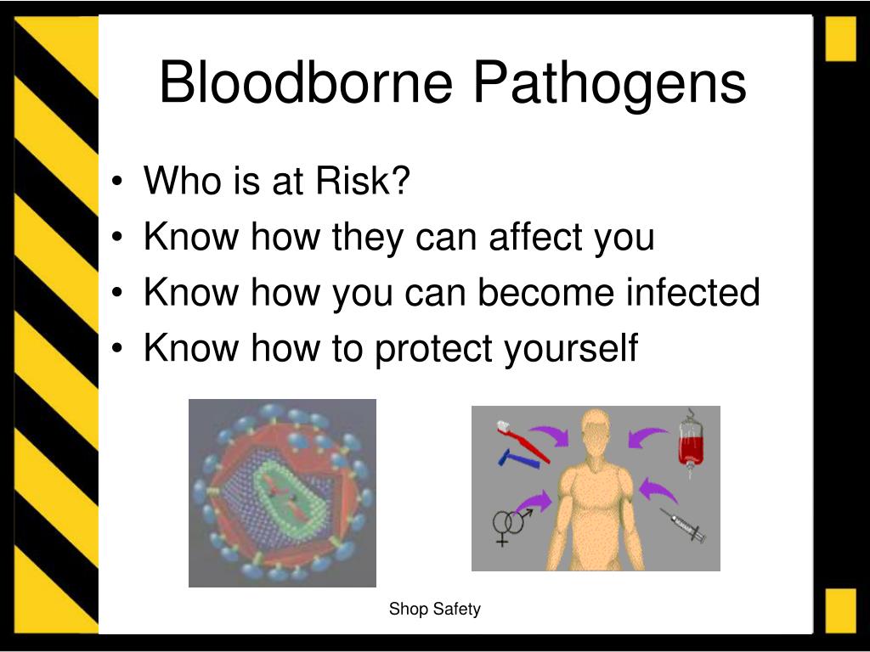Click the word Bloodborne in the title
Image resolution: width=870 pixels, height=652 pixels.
[306, 82]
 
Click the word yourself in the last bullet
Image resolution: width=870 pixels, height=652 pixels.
[571, 349]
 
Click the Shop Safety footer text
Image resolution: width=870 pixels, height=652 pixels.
[434, 609]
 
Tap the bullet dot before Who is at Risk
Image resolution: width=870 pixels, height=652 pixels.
[116, 181]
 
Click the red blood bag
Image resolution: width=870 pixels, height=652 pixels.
[691, 443]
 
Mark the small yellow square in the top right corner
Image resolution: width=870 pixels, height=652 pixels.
[840, 39]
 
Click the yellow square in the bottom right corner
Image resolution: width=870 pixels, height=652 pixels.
[840, 610]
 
